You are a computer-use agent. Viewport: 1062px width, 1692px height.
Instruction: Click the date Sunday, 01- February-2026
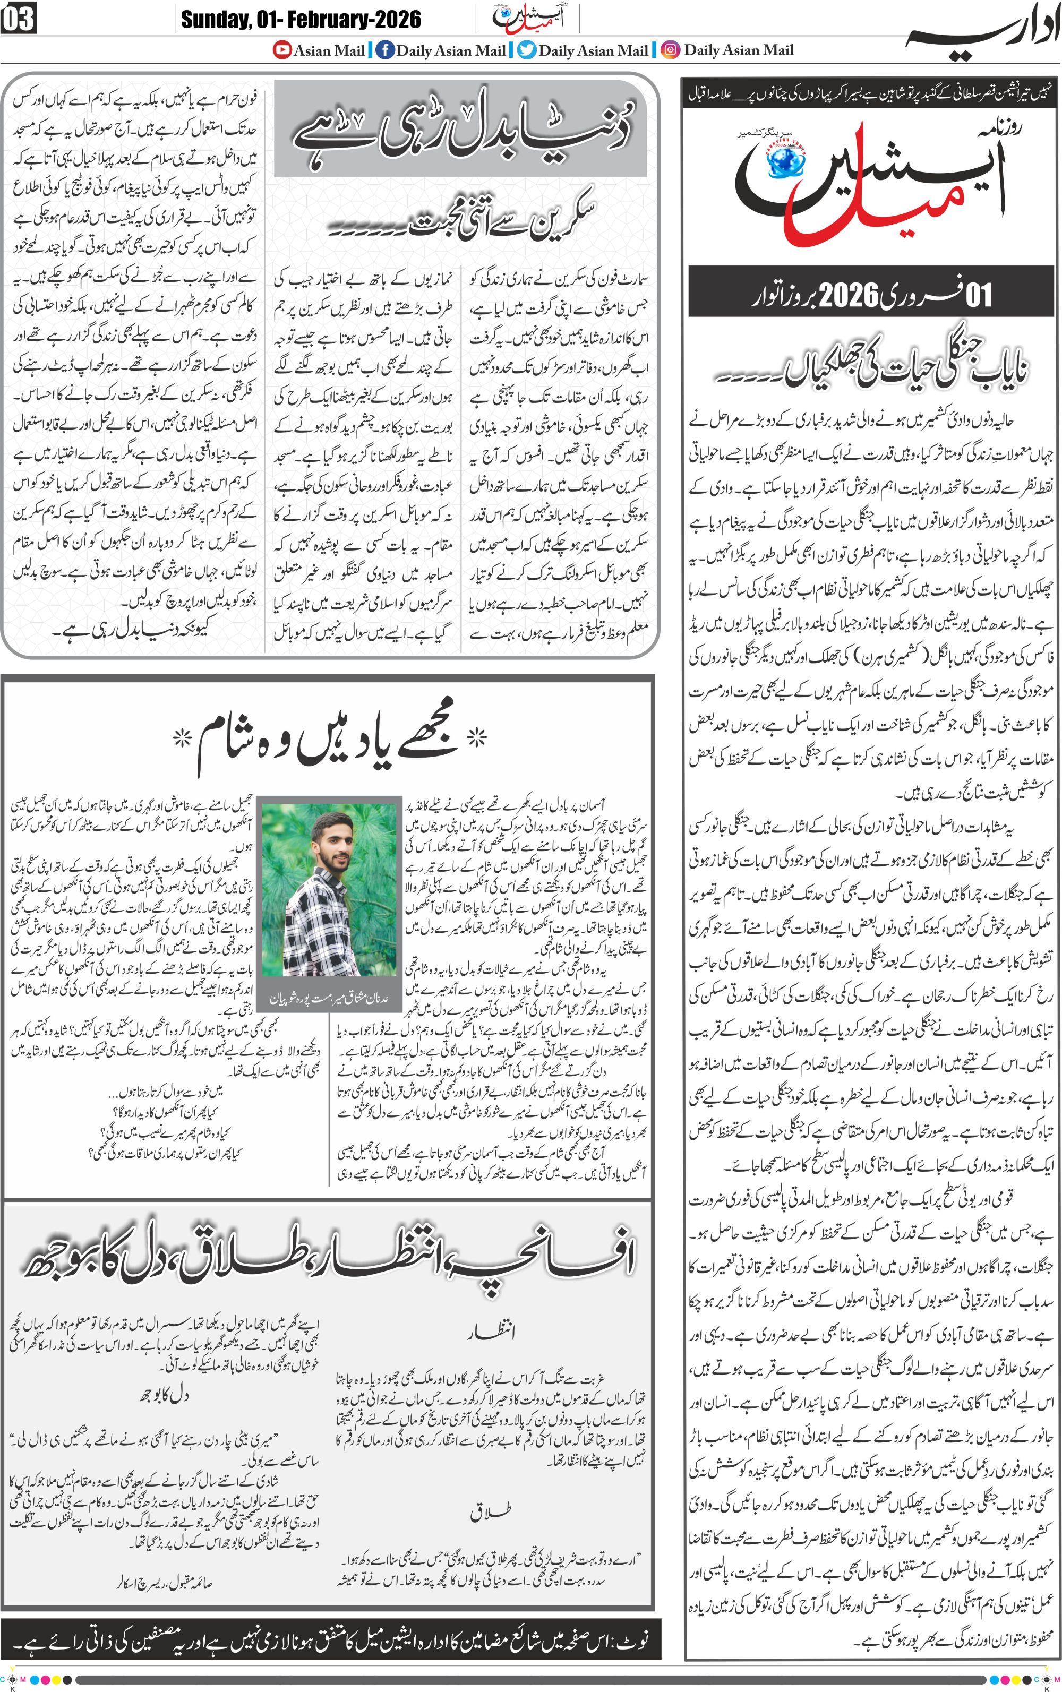click(301, 19)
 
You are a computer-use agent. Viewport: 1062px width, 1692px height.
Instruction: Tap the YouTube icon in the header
click(282, 50)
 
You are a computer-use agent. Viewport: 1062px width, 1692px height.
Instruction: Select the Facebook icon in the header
click(384, 50)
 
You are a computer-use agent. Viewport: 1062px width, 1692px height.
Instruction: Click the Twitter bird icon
click(527, 50)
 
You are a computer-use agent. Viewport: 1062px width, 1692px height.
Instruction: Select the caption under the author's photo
click(329, 998)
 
